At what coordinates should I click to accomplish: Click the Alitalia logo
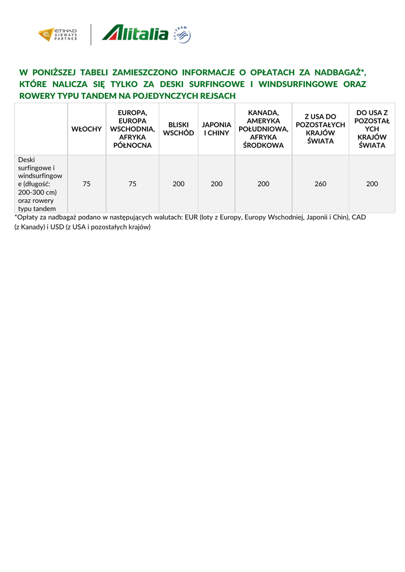point(135,33)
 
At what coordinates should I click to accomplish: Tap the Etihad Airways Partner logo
point(58,35)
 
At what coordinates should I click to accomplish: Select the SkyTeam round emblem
point(183,34)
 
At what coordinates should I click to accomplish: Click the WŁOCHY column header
point(87,129)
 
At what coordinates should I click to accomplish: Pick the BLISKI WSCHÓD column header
point(178,129)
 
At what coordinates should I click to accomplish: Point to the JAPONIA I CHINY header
point(216,129)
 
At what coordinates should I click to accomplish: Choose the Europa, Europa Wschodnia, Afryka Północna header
point(132,129)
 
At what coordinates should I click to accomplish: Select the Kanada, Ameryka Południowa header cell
point(263,129)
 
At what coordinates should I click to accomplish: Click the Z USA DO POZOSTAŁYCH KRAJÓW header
point(320,129)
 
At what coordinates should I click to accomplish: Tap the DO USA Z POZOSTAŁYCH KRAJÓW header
point(372,129)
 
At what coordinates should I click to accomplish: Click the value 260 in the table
point(320,184)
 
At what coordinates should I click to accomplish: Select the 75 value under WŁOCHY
point(87,184)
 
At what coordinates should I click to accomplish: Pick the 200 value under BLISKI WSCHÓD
point(178,184)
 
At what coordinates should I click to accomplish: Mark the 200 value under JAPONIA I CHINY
point(216,184)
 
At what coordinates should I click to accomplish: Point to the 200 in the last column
point(372,184)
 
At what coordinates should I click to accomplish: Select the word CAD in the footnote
point(358,217)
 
